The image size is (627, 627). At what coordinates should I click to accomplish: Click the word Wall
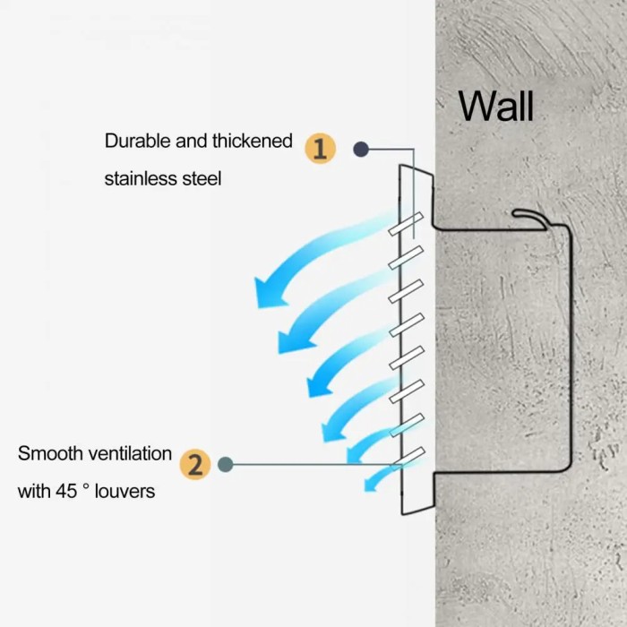point(496,107)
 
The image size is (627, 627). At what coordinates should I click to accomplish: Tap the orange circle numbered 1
point(321,149)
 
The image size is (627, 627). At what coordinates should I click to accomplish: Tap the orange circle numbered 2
point(195,464)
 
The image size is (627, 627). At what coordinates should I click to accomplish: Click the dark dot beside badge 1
point(361,150)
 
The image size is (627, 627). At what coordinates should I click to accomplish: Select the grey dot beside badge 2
point(226,464)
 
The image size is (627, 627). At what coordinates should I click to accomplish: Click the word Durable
point(138,142)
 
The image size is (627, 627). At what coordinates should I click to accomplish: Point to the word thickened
point(253,142)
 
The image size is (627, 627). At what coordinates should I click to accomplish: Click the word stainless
point(141,179)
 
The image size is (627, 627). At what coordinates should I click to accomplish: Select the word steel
point(202,179)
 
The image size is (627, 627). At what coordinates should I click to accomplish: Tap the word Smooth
point(50,454)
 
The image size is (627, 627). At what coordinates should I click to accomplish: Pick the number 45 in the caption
point(66,492)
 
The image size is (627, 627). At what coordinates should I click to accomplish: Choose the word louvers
point(125,492)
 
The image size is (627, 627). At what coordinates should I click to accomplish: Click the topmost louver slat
point(406,224)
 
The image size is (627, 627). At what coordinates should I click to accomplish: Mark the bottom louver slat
point(408,459)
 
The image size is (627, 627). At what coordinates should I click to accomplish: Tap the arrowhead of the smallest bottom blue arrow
point(370,485)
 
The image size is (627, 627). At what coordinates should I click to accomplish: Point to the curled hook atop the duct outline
point(530,218)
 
